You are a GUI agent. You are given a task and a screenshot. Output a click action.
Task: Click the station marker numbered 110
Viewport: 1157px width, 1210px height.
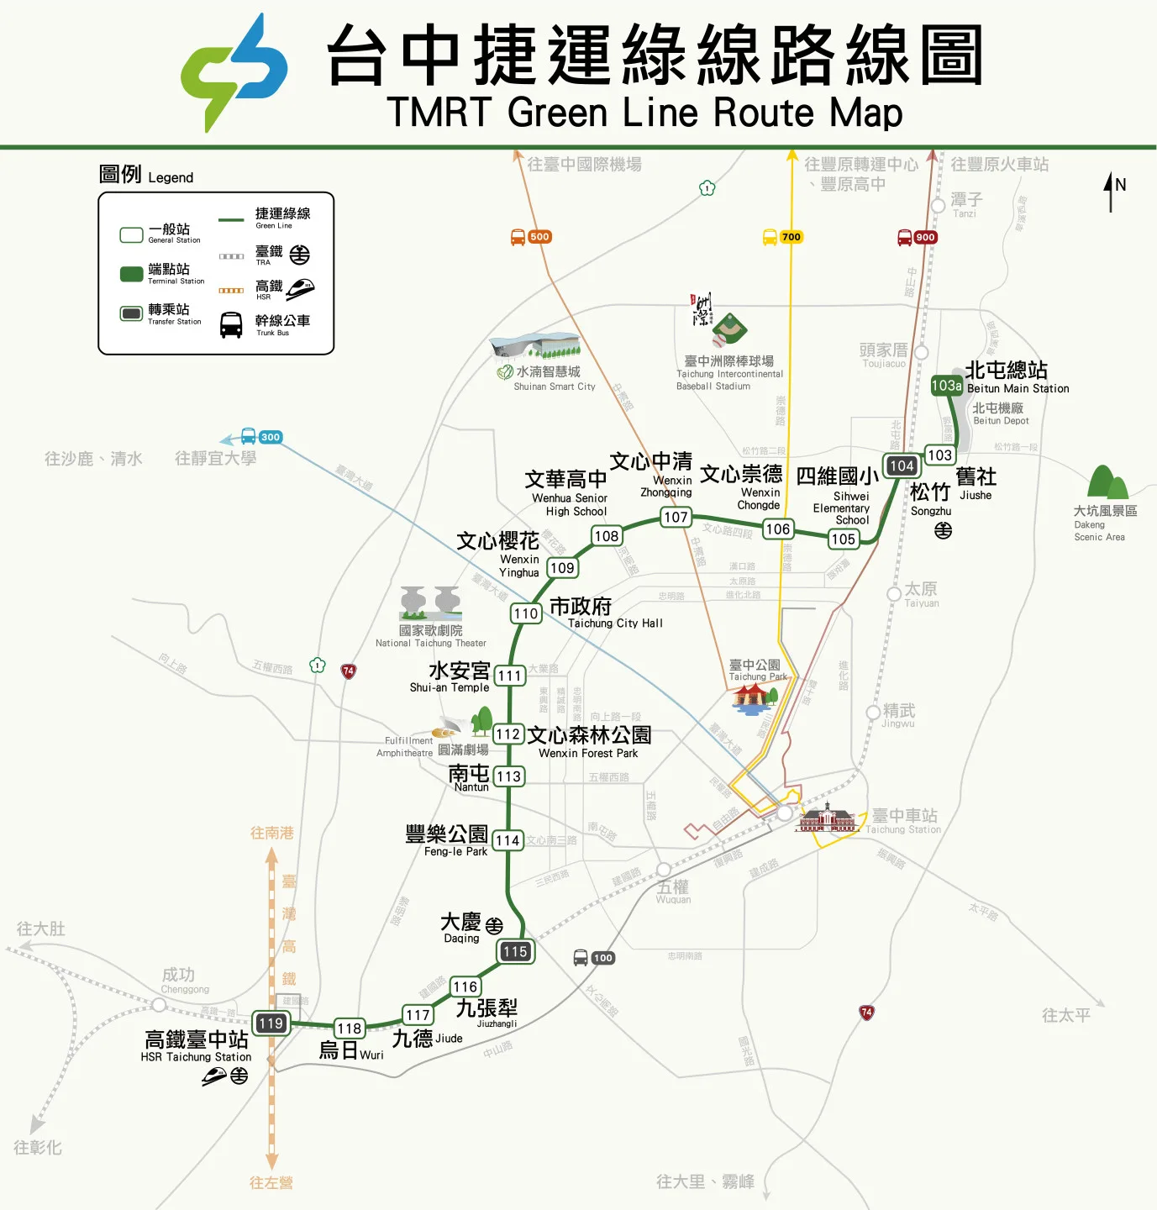(x=526, y=613)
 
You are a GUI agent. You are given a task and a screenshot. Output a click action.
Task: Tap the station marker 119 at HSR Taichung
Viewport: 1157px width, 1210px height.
(x=271, y=1023)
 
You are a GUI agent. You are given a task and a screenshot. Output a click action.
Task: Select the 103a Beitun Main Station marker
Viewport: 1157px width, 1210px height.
(x=946, y=386)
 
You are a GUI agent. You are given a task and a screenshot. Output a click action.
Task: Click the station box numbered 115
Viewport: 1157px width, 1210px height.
(x=516, y=951)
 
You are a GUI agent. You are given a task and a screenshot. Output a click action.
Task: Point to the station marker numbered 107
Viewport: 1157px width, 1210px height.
(x=676, y=517)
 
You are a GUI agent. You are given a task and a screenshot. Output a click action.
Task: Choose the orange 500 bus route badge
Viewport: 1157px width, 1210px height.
(x=539, y=237)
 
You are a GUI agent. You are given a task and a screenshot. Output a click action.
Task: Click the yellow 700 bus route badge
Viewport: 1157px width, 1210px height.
(x=791, y=237)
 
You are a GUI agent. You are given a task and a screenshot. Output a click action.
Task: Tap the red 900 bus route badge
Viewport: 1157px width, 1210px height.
(x=925, y=237)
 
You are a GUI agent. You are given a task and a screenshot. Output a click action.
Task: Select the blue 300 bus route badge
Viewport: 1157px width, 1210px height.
(x=271, y=437)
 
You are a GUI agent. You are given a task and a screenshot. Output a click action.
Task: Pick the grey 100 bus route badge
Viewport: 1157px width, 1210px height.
(x=602, y=958)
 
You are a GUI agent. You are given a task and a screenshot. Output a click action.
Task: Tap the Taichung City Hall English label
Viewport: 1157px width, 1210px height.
(x=615, y=623)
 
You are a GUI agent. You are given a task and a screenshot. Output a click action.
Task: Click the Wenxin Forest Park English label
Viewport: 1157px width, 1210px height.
(x=588, y=753)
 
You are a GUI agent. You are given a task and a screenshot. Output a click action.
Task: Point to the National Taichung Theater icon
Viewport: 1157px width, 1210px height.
(x=430, y=602)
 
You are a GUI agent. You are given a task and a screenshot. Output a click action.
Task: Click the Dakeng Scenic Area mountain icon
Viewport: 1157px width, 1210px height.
(x=1107, y=483)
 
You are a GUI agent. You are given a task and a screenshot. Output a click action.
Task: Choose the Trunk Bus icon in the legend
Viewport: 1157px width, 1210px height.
(x=231, y=324)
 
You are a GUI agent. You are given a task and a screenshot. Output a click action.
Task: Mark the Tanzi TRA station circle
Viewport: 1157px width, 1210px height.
(x=939, y=206)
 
